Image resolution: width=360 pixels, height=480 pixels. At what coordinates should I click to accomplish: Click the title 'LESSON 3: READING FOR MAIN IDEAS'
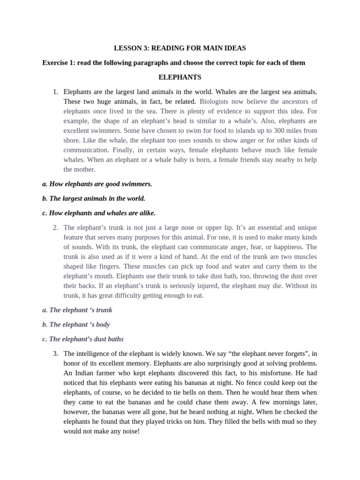point(180,48)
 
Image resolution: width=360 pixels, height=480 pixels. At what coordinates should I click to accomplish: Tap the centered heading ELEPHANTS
point(180,77)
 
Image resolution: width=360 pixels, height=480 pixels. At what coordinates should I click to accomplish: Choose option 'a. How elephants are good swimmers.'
point(97,184)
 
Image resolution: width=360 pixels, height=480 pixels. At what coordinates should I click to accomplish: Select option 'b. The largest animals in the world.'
point(94,198)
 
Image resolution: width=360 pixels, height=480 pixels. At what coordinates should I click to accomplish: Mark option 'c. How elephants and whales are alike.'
point(98,213)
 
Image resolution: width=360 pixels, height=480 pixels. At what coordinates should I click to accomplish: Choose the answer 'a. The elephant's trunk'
point(77,310)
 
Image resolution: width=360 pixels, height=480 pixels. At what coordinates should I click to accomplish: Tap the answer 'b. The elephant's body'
point(76,324)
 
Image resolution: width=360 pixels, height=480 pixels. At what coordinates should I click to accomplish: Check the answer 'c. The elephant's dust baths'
point(83,339)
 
